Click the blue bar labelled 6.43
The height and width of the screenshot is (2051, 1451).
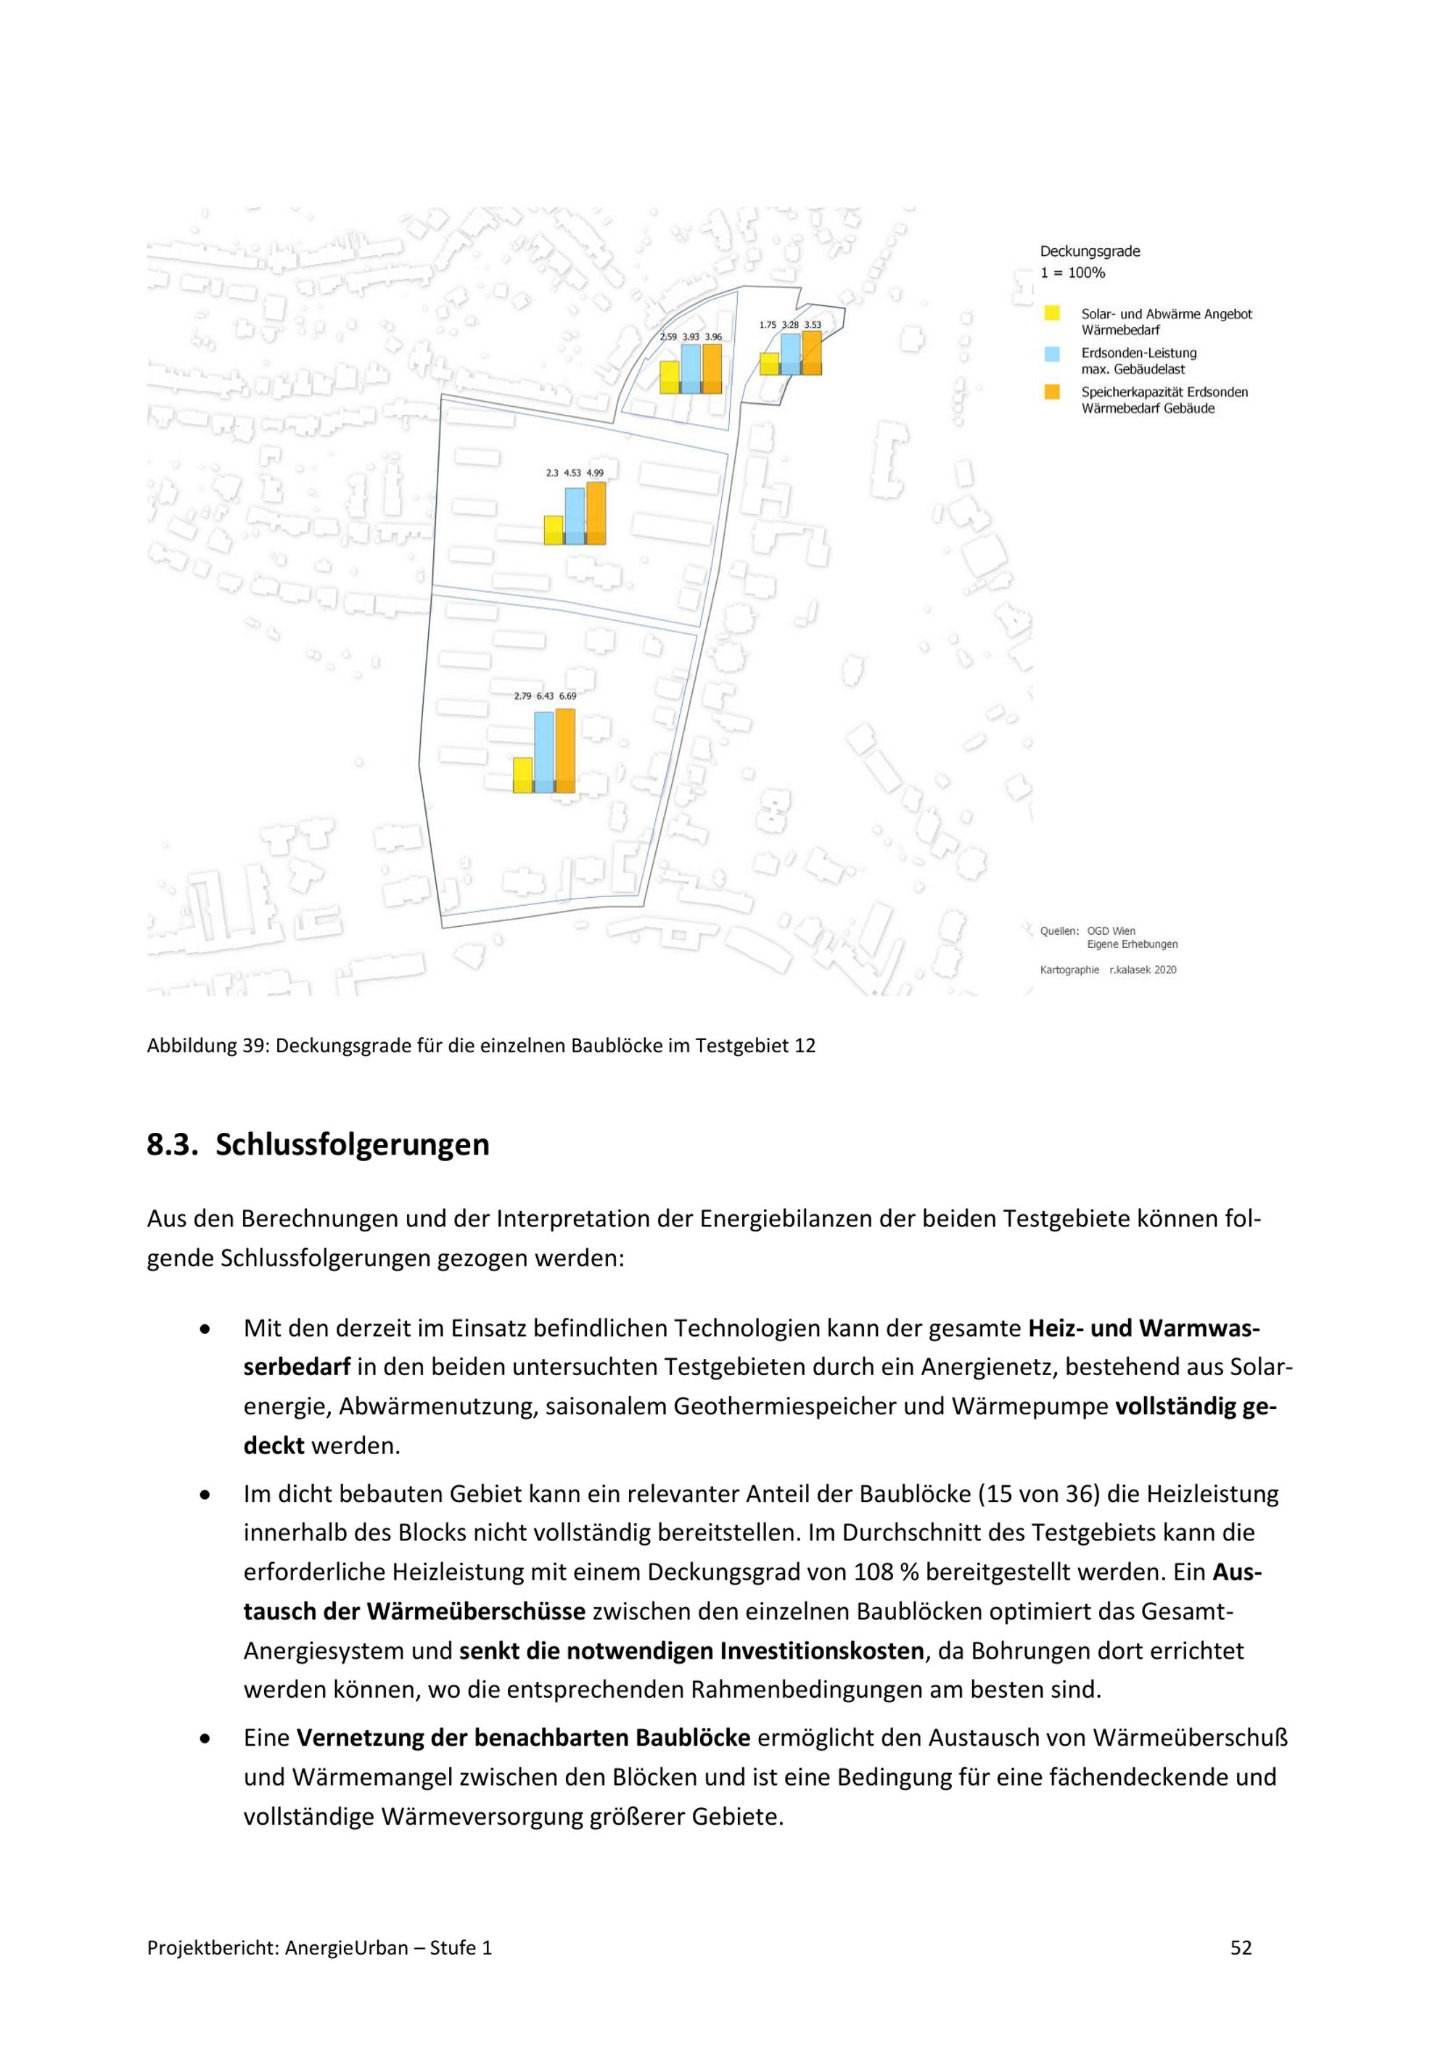click(543, 752)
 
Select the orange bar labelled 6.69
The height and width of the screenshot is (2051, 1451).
click(564, 751)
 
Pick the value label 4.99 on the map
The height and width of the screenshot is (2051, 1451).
click(595, 473)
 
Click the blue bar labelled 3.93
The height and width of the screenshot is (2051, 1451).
click(691, 369)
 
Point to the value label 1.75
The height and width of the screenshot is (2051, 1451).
click(768, 325)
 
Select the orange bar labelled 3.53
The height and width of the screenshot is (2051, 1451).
click(811, 353)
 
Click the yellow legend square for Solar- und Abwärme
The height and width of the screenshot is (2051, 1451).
click(1053, 313)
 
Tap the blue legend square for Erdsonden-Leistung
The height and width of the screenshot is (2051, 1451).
click(1053, 353)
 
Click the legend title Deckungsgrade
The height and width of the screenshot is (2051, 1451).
click(1089, 252)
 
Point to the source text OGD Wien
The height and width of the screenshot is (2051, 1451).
click(1111, 930)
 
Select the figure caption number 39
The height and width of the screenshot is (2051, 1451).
click(251, 1046)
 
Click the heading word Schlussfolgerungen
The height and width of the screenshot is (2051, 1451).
click(352, 1144)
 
